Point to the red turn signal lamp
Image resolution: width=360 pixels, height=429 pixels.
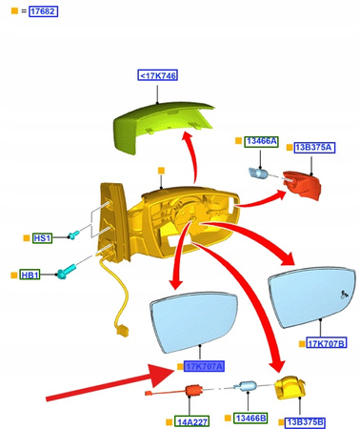pyautogui.click(x=302, y=185)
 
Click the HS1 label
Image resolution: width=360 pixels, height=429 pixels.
pyautogui.click(x=43, y=237)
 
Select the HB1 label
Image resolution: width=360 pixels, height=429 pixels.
pyautogui.click(x=30, y=276)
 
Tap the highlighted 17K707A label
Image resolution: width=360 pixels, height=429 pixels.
pyautogui.click(x=203, y=366)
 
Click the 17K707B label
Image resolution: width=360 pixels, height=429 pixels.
pyautogui.click(x=327, y=343)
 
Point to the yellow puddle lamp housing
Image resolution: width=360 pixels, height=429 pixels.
pyautogui.click(x=289, y=389)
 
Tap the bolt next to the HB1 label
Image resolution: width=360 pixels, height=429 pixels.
pyautogui.click(x=64, y=273)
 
